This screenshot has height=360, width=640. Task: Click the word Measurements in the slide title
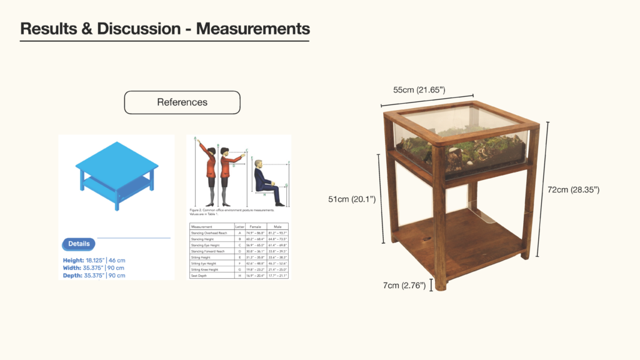tap(252, 28)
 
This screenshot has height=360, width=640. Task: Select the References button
tap(182, 102)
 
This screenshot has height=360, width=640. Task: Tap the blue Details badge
tap(79, 244)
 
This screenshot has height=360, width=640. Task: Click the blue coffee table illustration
tap(116, 175)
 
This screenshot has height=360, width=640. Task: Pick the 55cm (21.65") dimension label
tap(419, 90)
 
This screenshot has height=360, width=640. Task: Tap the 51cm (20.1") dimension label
tap(352, 199)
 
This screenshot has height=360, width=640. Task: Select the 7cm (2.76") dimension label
tap(404, 286)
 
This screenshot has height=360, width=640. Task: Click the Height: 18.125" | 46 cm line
tap(94, 260)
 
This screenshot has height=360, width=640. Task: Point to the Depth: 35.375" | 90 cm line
tap(94, 275)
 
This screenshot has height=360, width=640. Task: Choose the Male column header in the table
tap(277, 226)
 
